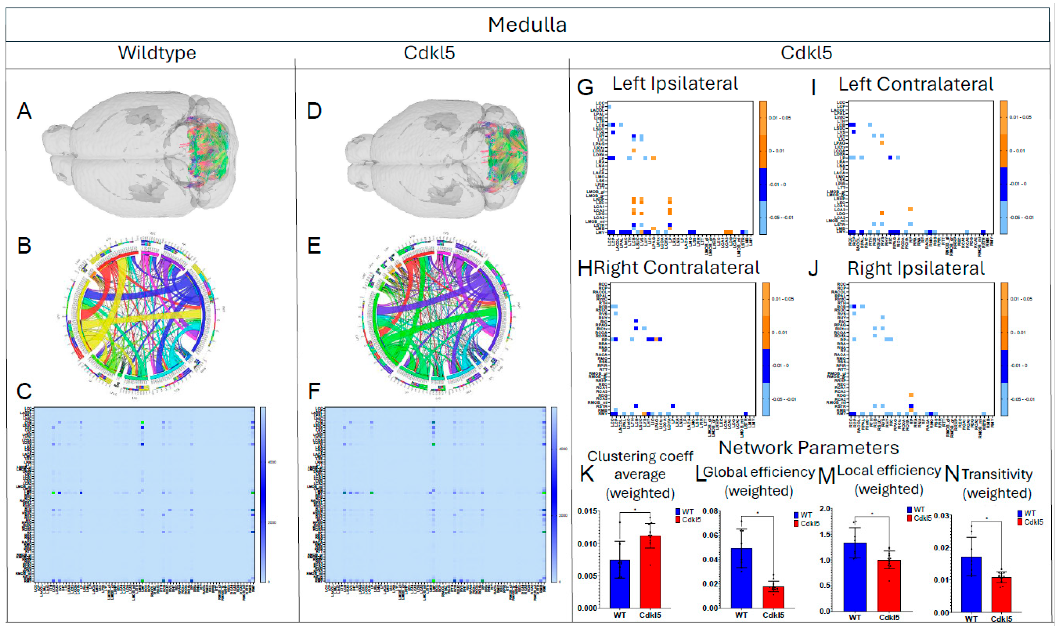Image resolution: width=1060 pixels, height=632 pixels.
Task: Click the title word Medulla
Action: coord(527,25)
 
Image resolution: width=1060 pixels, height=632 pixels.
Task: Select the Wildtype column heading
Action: coord(157,53)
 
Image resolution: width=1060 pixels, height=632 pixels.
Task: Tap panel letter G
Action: coord(585,87)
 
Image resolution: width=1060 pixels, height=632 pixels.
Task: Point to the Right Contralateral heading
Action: coord(676,268)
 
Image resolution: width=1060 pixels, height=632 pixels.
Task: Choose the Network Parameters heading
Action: coord(808,448)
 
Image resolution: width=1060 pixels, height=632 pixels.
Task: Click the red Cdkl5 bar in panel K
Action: coord(650,571)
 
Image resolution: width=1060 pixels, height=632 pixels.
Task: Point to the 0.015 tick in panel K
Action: coord(588,511)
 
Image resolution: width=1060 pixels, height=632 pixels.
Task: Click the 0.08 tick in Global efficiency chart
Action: coord(710,511)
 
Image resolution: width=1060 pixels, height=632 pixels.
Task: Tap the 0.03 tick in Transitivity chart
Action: coord(941,516)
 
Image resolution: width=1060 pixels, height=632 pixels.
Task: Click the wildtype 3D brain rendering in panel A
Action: coord(140,153)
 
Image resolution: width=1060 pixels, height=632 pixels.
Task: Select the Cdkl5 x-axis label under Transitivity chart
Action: coord(1001,619)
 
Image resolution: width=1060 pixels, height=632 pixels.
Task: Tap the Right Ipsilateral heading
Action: coord(916,269)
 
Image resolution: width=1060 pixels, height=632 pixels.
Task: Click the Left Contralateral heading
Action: coord(916,84)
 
